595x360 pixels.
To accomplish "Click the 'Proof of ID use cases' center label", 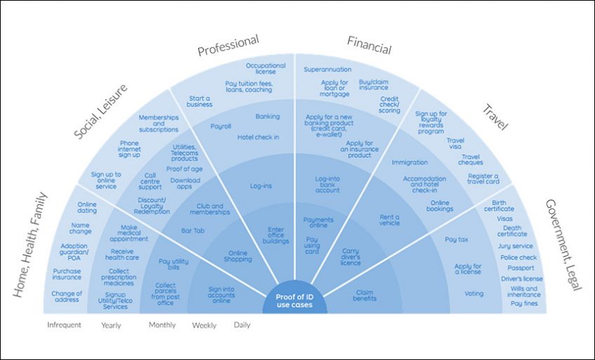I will pos(295,302).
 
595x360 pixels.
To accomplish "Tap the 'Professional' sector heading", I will pos(228,46).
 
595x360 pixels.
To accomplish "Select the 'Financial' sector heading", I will pos(369,45).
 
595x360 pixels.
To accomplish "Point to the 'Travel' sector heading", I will pos(497,116).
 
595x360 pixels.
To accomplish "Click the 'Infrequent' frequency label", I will pos(64,325).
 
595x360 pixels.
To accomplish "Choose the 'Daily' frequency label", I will pos(241,325).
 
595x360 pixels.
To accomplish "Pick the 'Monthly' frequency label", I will pos(163,325).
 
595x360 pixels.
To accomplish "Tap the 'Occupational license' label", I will pos(265,69).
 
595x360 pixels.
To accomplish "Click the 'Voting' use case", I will pos(474,293).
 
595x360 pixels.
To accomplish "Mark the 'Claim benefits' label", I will pos(364,295).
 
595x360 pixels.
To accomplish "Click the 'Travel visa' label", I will pos(455,145).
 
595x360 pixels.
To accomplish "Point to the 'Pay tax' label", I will pos(457,239).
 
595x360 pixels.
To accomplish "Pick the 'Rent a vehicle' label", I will pos(389,220).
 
